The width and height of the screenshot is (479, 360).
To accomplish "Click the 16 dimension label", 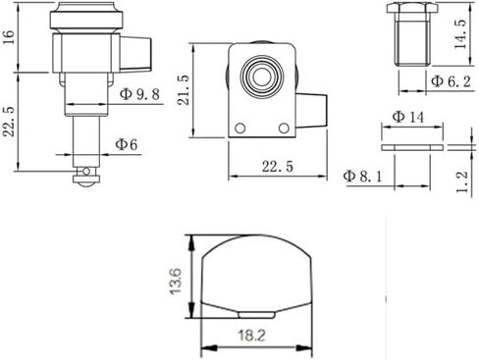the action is (8, 37).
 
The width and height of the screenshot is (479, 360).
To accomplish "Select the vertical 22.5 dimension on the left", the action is (9, 121).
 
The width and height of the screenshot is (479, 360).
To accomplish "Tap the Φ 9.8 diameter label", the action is (139, 94).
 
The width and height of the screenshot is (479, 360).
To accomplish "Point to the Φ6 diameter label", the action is (127, 144).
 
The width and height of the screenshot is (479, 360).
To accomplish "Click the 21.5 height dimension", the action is (184, 89).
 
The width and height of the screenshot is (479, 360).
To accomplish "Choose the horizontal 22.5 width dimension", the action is (278, 167).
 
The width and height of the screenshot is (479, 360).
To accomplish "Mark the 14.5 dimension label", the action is (460, 33).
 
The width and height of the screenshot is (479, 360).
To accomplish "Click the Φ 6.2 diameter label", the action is (451, 80).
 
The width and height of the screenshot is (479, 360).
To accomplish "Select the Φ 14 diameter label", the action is (408, 117).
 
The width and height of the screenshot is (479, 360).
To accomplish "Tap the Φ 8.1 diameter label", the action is (362, 177).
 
